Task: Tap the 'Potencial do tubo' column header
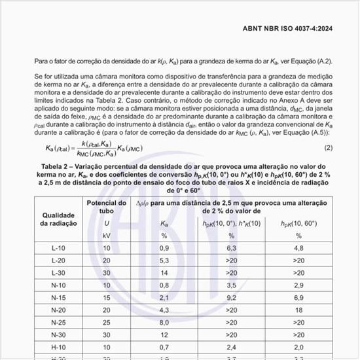point(107,207)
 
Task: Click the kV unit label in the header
point(107,235)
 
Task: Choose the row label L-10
point(58,247)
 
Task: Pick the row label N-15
point(58,297)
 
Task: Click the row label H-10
point(58,346)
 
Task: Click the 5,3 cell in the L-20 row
point(164,260)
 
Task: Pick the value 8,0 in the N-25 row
point(164,322)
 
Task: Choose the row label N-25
point(58,322)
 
